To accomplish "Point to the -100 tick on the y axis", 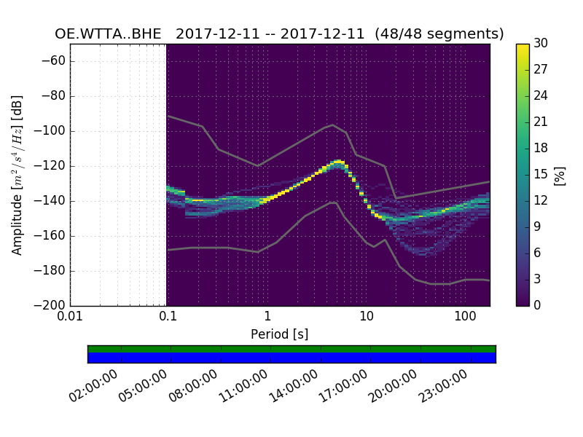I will [x=52, y=131].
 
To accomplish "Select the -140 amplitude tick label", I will [x=52, y=201].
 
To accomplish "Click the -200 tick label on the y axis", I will [x=52, y=305].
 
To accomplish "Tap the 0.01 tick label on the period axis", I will [x=70, y=317].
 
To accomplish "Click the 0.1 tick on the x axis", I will [x=168, y=317].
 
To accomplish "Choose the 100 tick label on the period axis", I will [x=465, y=317].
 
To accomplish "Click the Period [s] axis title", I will [x=279, y=334].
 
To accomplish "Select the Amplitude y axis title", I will [x=17, y=174].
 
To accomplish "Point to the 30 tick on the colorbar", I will [x=541, y=44].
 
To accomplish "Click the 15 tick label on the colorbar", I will [x=541, y=174].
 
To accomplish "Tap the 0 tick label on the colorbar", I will [x=538, y=305].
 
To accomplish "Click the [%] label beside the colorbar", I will [x=560, y=175].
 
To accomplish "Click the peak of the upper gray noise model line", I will [x=333, y=125].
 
